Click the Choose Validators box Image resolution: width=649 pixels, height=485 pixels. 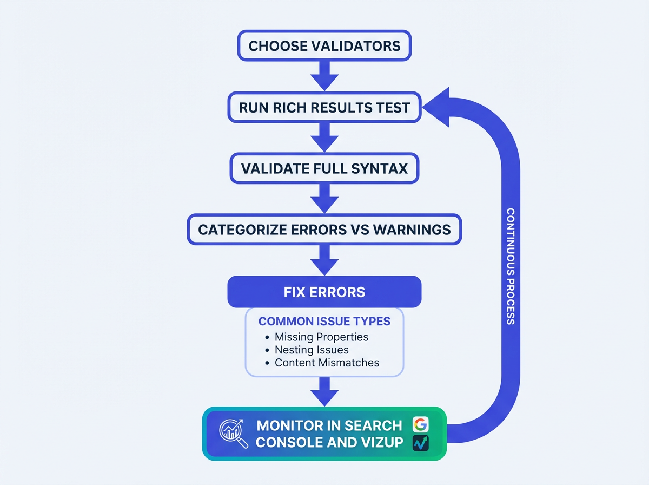[x=325, y=45]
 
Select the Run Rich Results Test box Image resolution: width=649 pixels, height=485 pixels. [x=325, y=107]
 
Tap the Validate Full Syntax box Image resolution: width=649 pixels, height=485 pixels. [x=325, y=168]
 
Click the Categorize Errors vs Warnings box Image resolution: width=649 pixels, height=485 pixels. [x=325, y=230]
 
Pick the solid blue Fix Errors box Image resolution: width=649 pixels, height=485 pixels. [x=325, y=292]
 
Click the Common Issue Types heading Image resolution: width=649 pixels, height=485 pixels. [x=325, y=321]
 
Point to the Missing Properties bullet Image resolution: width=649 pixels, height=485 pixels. [x=321, y=337]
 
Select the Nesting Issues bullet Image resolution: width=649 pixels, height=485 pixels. [x=312, y=350]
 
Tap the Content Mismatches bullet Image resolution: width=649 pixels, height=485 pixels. [x=327, y=363]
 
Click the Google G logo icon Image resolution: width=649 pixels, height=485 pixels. [x=420, y=425]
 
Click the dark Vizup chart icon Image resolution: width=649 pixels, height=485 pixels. [x=420, y=443]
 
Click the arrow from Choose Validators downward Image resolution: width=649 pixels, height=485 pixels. [x=325, y=75]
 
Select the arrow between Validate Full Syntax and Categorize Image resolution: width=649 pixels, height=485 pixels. [x=325, y=198]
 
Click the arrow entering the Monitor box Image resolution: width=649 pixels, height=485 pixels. [x=325, y=391]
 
